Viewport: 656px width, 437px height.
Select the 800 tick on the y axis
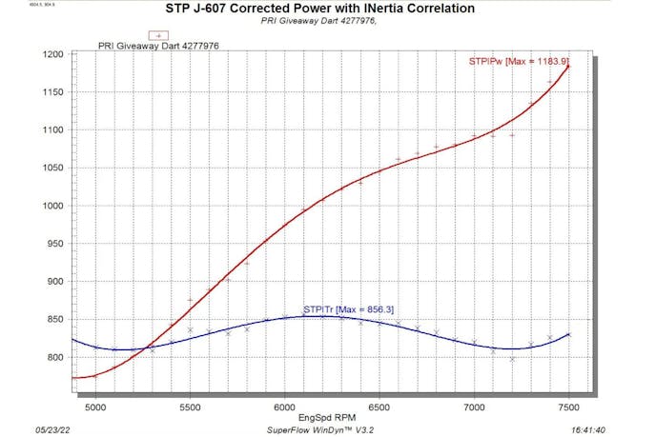coord(52,358)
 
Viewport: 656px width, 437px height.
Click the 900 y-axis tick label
coord(52,282)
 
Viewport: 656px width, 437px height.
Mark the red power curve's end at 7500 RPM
coord(569,67)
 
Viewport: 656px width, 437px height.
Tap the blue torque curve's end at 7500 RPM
coord(569,334)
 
